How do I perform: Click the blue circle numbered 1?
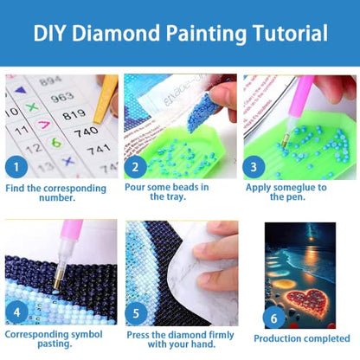(16, 165)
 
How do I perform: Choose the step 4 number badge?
(16, 311)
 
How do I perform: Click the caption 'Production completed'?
(300, 338)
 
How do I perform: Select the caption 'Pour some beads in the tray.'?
(178, 192)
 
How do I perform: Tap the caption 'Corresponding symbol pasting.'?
(59, 338)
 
